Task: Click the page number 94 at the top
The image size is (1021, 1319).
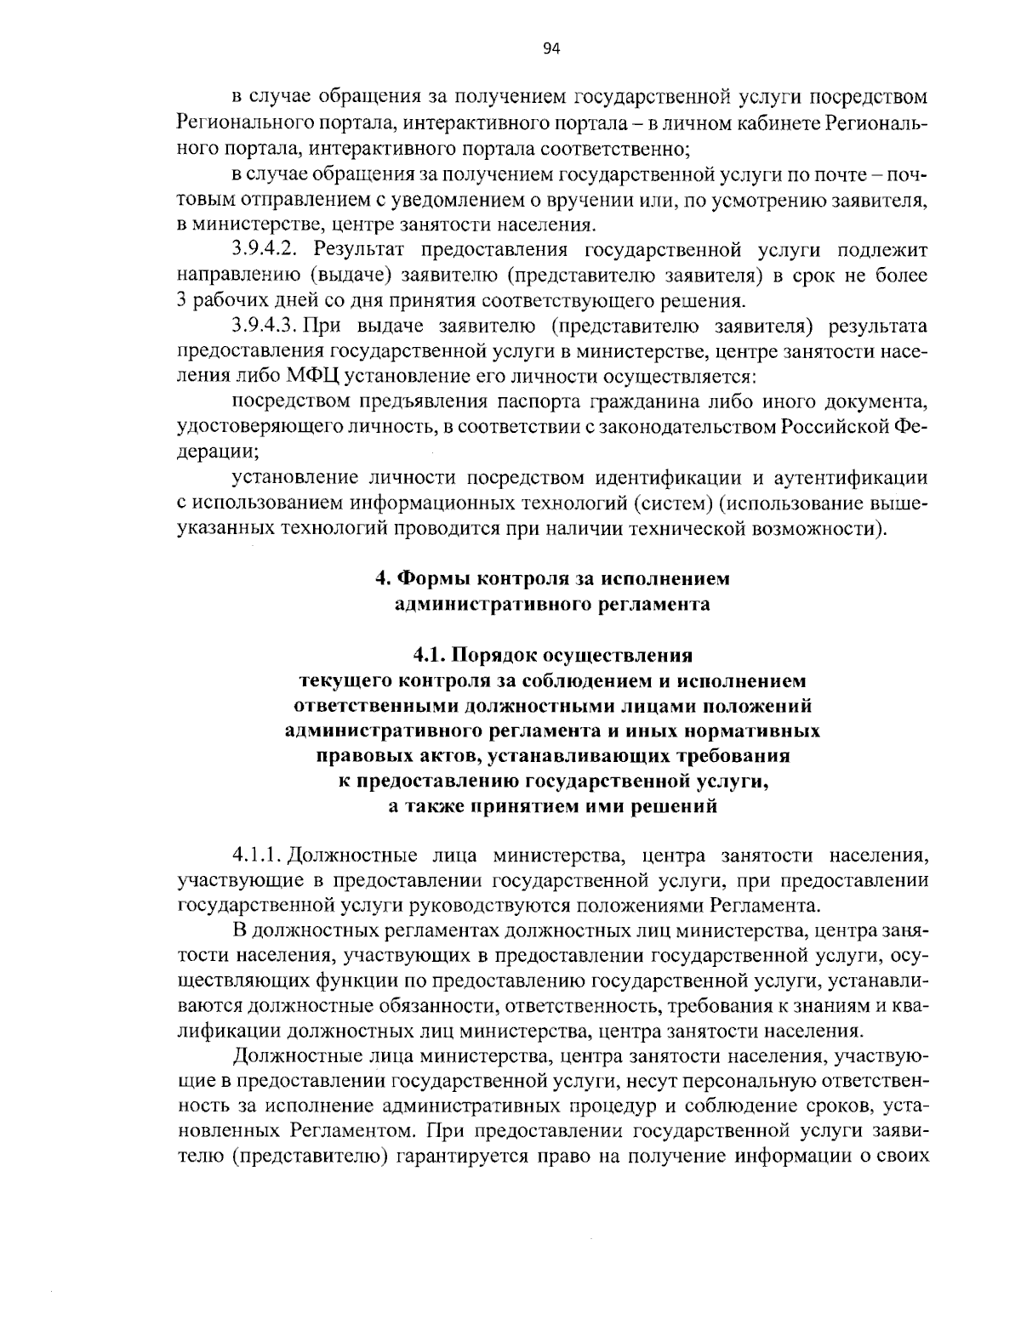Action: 550,48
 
